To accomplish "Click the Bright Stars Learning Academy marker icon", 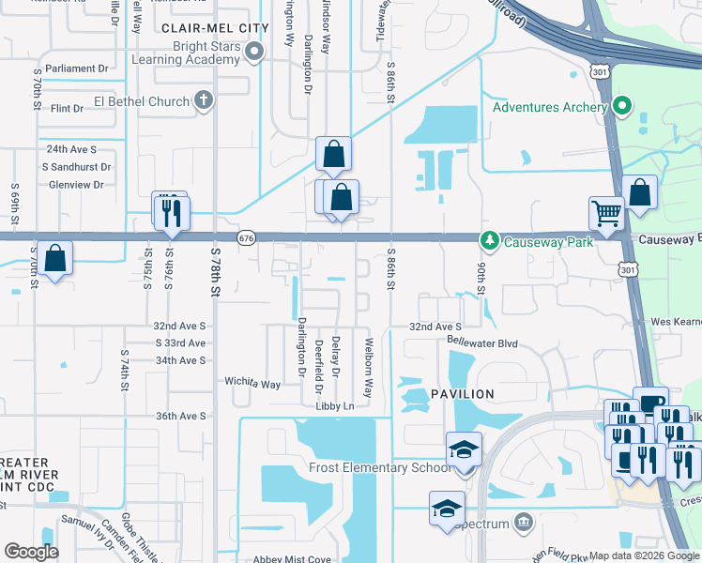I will [x=254, y=53].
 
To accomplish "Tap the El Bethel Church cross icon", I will [x=203, y=100].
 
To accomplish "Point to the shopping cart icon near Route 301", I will [x=606, y=212].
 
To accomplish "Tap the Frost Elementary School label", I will [x=379, y=467].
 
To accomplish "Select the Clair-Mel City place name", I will [x=215, y=28].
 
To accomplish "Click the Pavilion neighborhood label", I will [x=463, y=394].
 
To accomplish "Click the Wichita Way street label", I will [x=252, y=384].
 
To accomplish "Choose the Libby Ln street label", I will [x=334, y=406].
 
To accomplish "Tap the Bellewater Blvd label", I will [x=482, y=343].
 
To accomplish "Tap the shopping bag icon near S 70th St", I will [x=55, y=259].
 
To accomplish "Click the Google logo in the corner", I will [x=32, y=552].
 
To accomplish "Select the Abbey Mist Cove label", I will [x=293, y=559].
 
